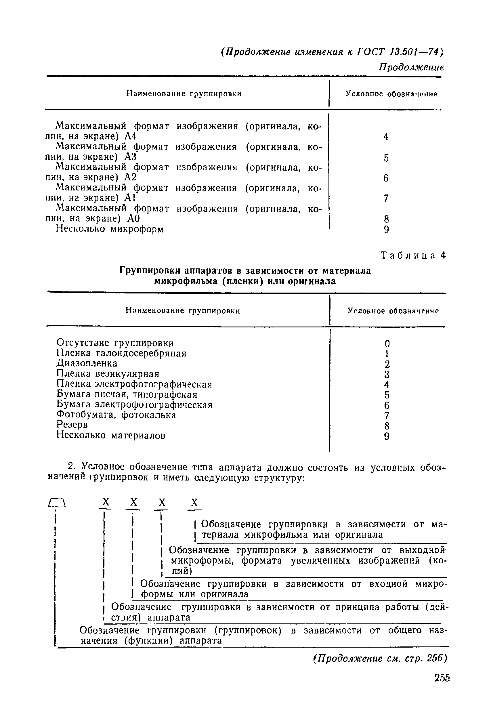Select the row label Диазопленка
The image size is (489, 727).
click(x=87, y=363)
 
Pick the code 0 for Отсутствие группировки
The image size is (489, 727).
click(x=387, y=344)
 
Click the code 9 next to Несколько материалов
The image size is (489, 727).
click(x=387, y=436)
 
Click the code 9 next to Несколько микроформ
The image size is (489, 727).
click(x=386, y=230)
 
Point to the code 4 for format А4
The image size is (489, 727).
click(x=386, y=137)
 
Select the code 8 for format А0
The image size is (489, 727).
click(x=386, y=219)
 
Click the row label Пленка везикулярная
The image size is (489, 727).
click(x=108, y=374)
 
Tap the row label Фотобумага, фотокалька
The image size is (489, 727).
click(x=116, y=415)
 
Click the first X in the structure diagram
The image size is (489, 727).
click(x=106, y=502)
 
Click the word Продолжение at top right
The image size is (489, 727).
click(x=411, y=67)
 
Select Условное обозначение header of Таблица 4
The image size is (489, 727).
click(x=393, y=311)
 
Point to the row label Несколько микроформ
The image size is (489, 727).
click(x=110, y=229)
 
